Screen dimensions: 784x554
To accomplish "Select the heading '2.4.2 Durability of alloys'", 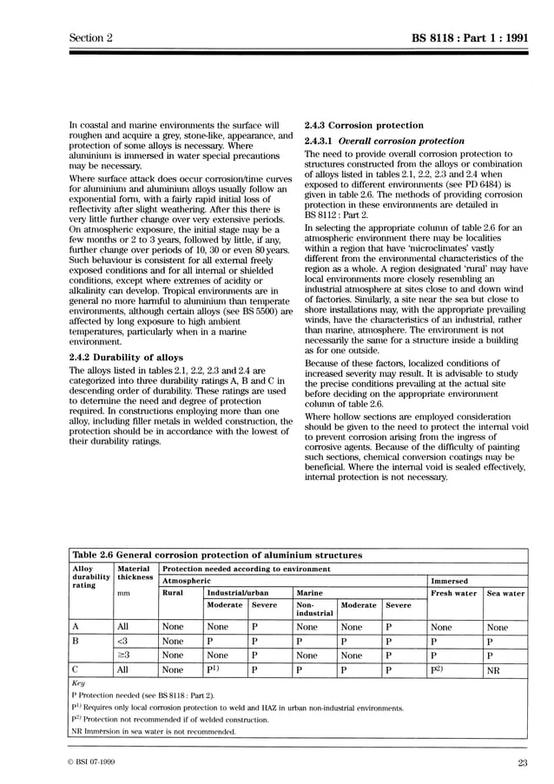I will click(126, 357).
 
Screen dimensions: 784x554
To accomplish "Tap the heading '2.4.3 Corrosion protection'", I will click(364, 125).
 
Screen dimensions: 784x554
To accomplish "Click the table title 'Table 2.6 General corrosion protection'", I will click(217, 555).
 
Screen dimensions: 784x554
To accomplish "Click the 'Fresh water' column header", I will click(454, 593).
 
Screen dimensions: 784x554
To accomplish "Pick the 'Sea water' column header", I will click(505, 593).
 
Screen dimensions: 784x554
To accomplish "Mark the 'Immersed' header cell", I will click(450, 581).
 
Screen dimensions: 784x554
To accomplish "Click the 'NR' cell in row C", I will click(493, 670).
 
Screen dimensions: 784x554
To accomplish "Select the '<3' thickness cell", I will click(122, 641).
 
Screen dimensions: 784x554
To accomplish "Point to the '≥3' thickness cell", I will click(122, 656).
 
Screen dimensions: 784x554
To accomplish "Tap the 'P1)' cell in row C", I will click(214, 670).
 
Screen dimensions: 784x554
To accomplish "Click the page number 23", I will click(521, 763).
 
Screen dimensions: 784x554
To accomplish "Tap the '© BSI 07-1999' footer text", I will click(95, 763).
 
